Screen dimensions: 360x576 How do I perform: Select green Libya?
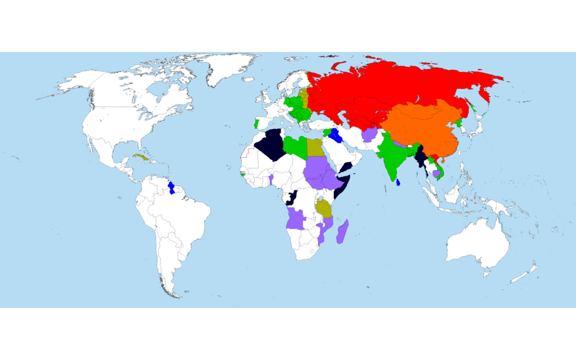pos(295,147)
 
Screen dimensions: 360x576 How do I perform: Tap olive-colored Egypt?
pos(314,148)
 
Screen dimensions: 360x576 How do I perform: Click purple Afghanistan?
pos(369,135)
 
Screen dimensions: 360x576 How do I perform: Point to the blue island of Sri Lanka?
pos(398,182)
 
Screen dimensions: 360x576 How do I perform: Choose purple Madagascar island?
pos(342,231)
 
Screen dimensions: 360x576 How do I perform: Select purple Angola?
pos(296,219)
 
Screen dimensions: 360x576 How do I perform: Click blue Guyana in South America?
pos(173,187)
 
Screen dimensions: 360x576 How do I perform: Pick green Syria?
pos(327,131)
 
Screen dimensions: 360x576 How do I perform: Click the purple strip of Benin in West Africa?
pos(271,180)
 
